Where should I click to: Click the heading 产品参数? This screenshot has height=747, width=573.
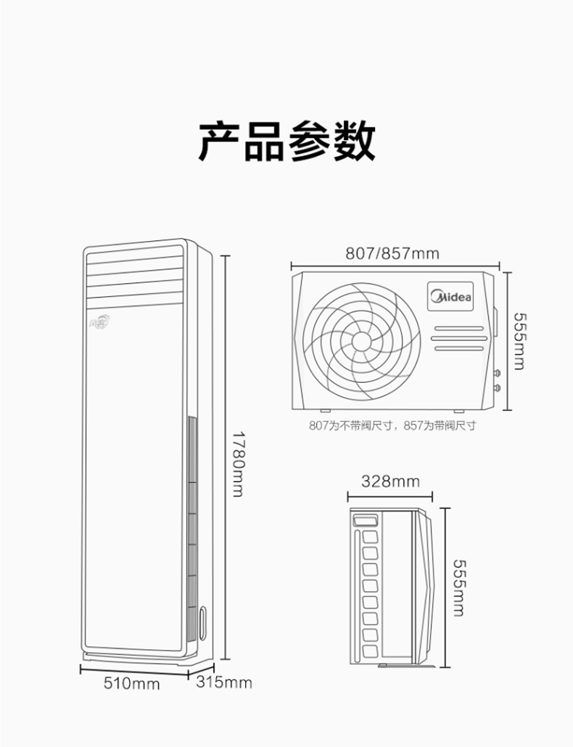point(286,141)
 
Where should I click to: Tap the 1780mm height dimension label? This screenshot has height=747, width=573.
point(238,464)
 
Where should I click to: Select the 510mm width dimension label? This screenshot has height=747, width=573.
point(132,684)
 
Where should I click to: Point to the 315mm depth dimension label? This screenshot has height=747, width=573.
point(223,682)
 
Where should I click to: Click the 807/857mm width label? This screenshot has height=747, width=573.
point(392,253)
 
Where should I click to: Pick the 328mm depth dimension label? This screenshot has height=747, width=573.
point(390,481)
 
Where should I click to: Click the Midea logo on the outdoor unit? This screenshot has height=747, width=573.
point(450,296)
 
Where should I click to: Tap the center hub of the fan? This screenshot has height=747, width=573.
point(361,340)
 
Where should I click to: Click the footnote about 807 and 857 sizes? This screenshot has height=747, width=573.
point(392,425)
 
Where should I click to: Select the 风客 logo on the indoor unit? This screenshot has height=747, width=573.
point(100,322)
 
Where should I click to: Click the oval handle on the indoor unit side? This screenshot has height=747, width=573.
point(203,623)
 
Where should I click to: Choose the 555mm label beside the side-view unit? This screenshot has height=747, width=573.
point(458,587)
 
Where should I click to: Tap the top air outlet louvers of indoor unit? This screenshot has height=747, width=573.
point(134,277)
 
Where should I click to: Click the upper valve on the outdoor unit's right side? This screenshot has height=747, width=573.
point(498,373)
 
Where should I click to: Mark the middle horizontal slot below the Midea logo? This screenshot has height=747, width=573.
point(459,338)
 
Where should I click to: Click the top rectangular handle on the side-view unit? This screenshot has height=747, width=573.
point(366,519)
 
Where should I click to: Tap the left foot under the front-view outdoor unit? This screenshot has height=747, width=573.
point(326,411)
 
